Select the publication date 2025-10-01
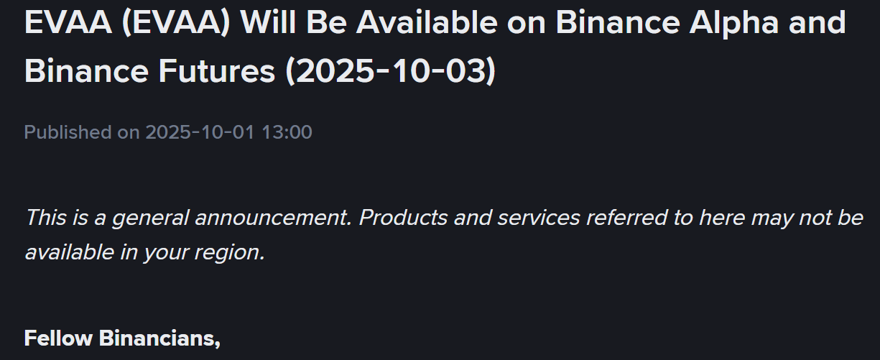[200, 132]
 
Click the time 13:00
[287, 132]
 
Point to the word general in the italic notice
[140, 217]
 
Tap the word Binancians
[159, 337]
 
